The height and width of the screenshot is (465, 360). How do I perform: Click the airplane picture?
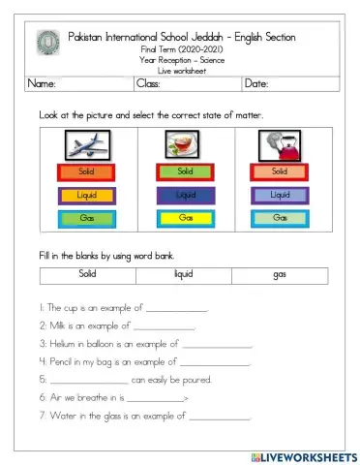click(87, 145)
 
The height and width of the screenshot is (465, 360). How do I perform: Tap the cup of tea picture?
click(179, 145)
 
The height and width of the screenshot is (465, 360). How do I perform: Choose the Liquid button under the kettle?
click(279, 195)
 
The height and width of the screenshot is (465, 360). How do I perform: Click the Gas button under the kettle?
click(279, 218)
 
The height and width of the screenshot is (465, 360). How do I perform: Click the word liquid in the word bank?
click(183, 274)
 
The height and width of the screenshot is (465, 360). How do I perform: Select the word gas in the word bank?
click(280, 274)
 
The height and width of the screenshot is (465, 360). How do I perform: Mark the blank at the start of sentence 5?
click(88, 380)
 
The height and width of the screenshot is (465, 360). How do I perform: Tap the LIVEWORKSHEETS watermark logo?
click(303, 455)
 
